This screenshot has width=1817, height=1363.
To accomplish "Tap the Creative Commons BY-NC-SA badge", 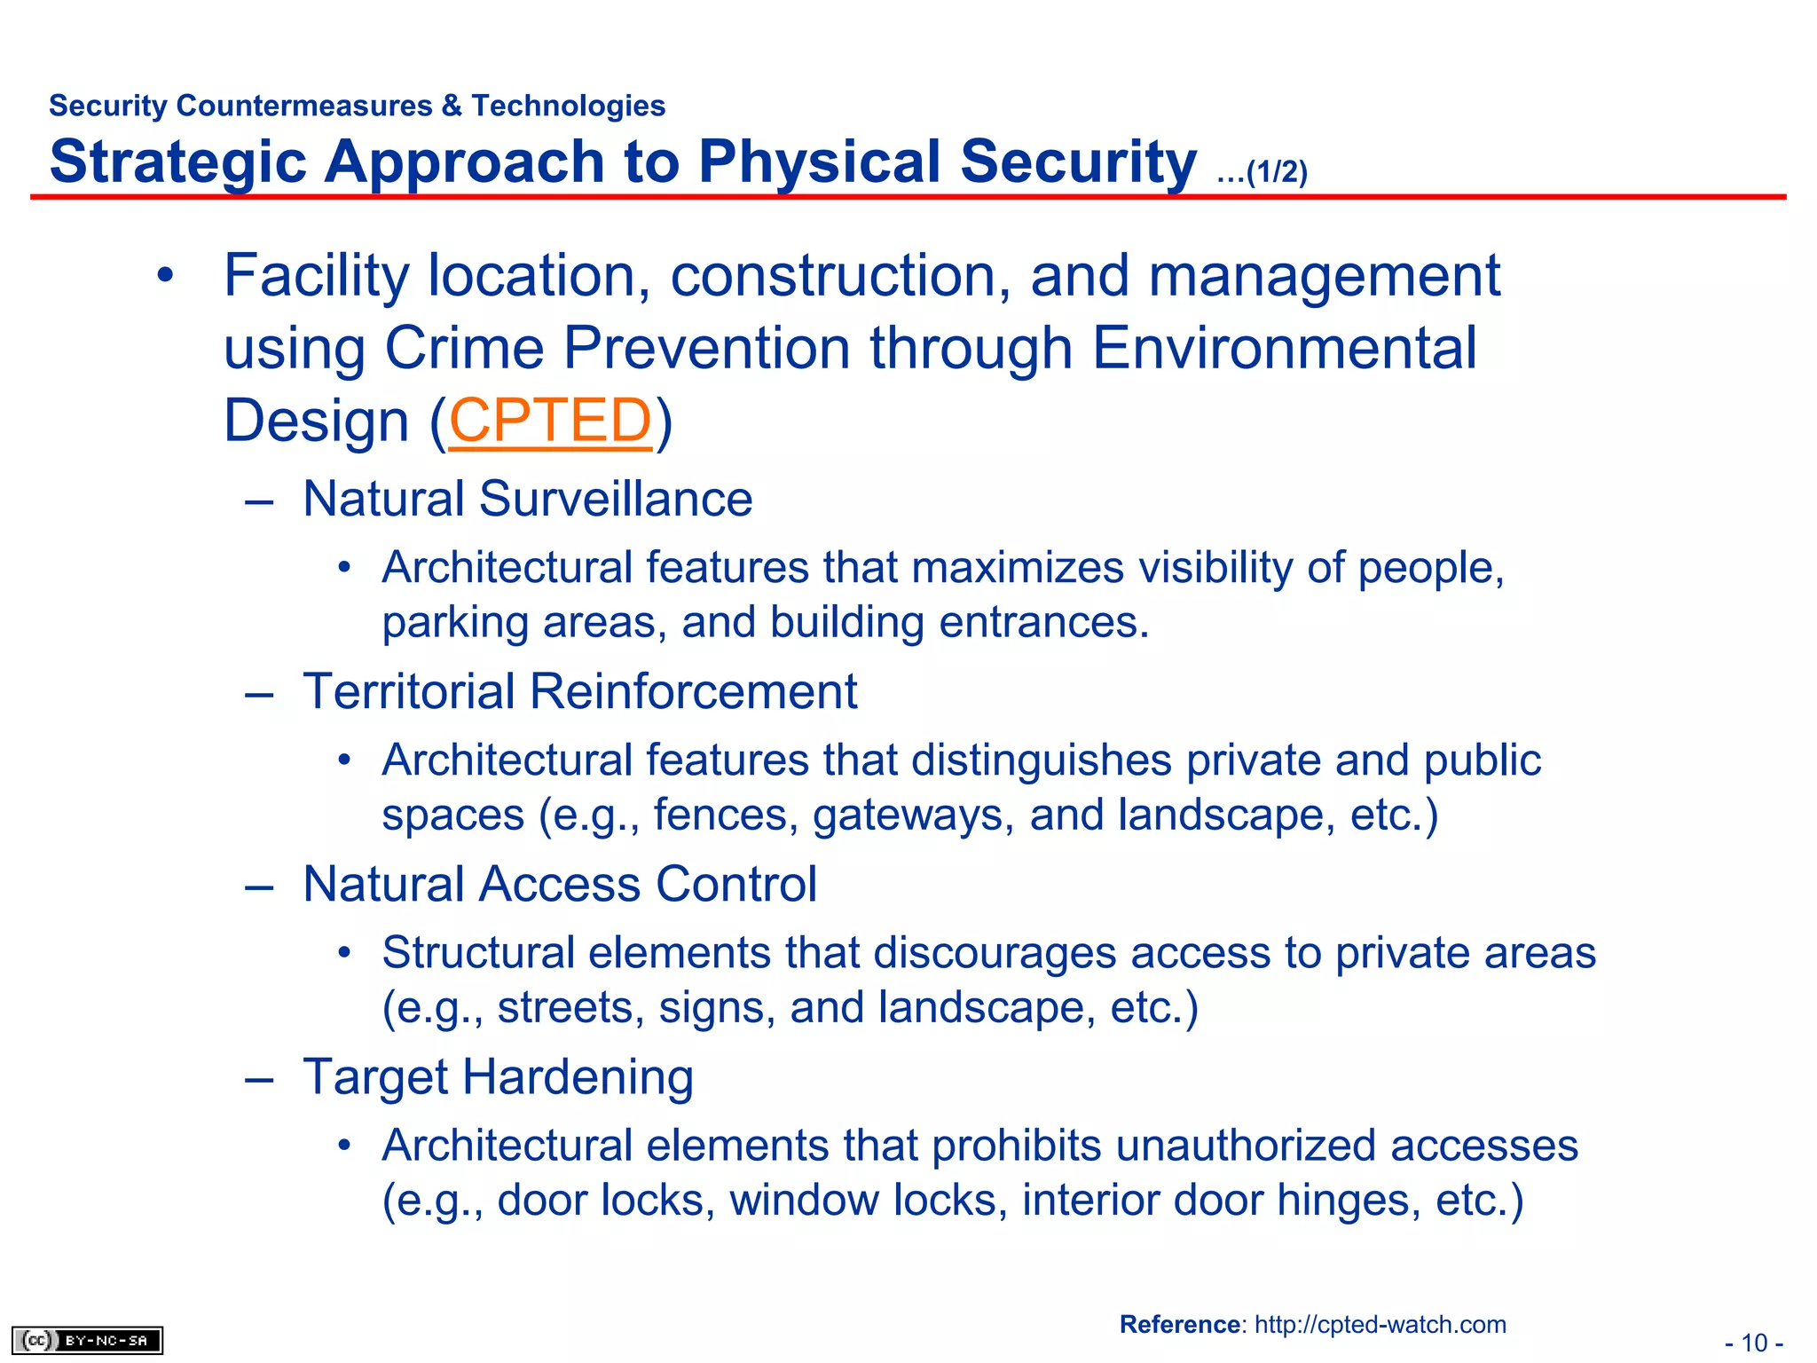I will pos(87,1340).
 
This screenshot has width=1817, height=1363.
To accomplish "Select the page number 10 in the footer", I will pos(1753,1343).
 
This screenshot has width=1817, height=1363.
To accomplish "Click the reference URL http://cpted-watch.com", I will pos(1380,1325).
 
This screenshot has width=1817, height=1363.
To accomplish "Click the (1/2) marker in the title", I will pos(1276,172).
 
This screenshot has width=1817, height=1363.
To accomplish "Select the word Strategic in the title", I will pos(177,163).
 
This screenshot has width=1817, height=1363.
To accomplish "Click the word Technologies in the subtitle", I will pos(568,106).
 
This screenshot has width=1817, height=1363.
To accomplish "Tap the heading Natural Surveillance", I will pos(527,499).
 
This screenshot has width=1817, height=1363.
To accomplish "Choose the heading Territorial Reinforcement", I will pos(579,691).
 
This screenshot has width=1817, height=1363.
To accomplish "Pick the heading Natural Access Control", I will pos(559,884).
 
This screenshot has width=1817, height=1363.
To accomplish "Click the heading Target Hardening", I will pos(498,1077).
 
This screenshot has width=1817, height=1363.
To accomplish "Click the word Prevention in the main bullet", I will pos(706,348).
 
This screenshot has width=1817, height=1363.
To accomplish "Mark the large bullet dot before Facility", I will pos(165,276).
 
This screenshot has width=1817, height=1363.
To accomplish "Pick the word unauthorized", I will pos(1245,1146).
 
